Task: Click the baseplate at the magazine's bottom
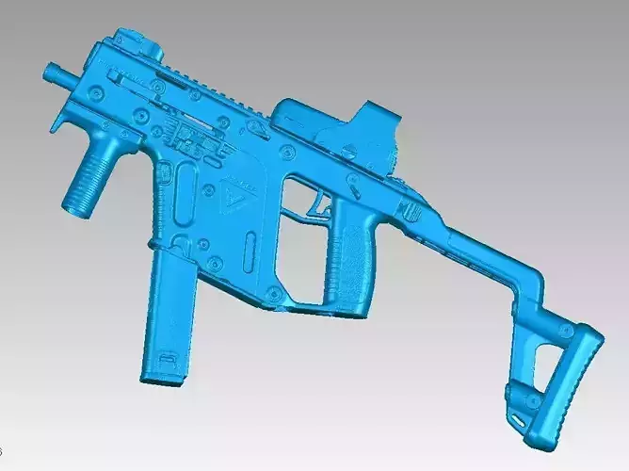[162, 369]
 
